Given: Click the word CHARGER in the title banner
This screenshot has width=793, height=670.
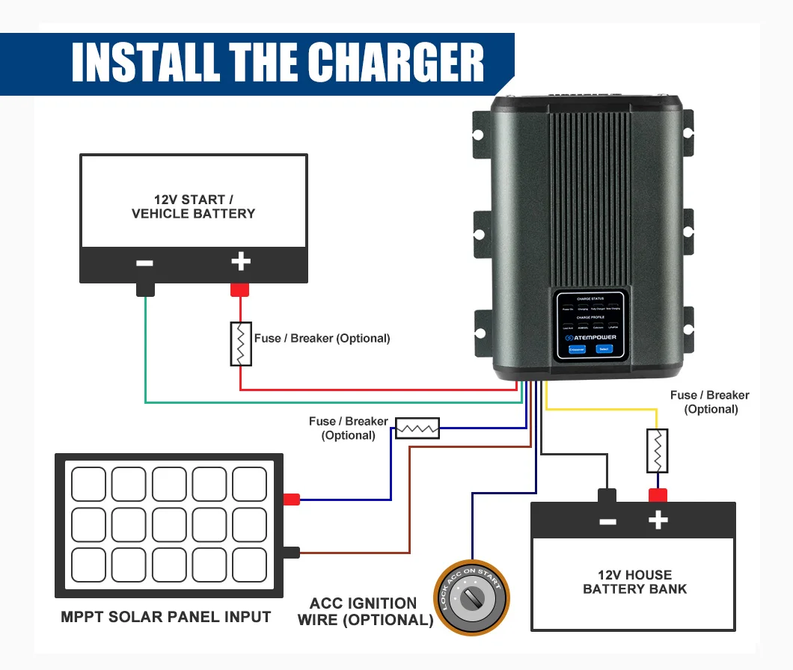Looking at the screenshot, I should pos(396,63).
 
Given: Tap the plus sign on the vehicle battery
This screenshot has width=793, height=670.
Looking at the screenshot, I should pos(240,262).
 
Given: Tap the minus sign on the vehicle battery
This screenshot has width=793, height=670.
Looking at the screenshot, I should pos(145,263).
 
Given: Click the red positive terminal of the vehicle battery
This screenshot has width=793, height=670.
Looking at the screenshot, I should pos(239,289).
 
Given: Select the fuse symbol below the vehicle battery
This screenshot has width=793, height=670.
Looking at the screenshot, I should pos(240,344).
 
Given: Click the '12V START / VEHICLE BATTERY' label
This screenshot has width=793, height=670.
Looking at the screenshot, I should pos(193,206).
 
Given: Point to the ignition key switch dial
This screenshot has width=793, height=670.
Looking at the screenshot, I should pos(472,598).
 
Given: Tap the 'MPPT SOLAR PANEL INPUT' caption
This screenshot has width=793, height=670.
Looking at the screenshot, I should pos(166,617).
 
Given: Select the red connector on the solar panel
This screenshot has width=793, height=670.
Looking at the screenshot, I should pos(291,500).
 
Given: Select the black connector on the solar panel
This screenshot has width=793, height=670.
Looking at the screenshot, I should pos(291,553).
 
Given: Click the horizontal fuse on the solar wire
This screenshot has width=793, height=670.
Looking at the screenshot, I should pos(417,428).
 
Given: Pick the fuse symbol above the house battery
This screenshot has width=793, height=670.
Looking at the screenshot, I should pos(657,450).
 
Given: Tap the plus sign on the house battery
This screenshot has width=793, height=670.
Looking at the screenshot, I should pos(658,520).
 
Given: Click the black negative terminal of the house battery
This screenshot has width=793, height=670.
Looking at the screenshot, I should pos(607,495).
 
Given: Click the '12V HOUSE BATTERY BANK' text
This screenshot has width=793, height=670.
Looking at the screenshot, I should pos(634,582).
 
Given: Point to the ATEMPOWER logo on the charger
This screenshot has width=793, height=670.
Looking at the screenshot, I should pos(590,337).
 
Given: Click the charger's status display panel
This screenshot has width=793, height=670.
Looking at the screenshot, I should pos(590,325).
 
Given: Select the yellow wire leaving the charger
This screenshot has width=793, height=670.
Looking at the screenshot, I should pos(598,408).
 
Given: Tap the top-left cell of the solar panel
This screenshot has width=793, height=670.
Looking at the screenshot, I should pos(88,485).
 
